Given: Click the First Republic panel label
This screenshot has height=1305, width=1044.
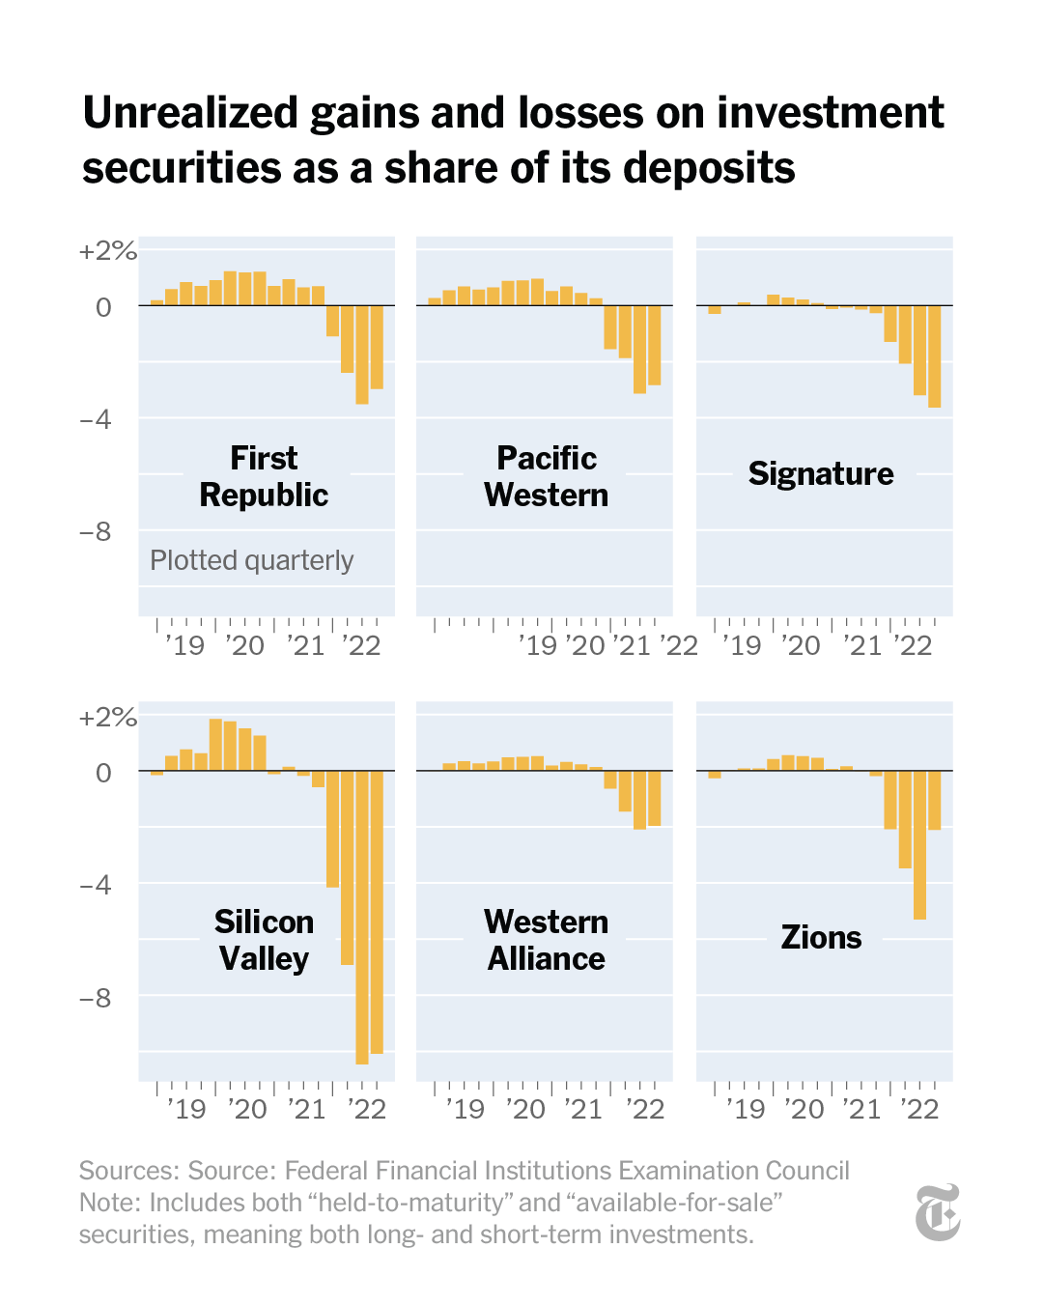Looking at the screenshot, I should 264,476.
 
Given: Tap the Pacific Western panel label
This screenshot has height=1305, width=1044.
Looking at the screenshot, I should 546,476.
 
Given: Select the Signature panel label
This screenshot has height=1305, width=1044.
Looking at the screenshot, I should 821,473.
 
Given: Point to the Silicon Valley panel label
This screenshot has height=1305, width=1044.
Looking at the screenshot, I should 264,940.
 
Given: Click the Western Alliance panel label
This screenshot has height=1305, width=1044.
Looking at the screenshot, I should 546,940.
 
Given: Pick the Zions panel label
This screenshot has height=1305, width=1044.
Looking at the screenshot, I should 821,937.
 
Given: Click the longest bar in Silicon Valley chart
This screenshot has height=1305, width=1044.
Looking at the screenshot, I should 362,917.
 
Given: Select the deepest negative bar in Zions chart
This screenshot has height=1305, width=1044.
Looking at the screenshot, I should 919,844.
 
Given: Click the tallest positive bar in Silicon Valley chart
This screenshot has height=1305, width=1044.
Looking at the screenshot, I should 215,745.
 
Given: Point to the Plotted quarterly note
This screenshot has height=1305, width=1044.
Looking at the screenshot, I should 251,560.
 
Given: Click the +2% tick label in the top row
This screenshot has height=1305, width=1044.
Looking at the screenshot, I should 107,251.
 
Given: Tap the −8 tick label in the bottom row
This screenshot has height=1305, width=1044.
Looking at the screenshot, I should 95,998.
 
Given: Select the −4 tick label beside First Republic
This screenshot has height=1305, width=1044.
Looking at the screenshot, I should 95,419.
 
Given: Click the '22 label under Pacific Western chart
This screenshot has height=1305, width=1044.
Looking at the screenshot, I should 679,645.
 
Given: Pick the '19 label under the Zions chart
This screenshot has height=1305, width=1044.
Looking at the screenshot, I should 745,1109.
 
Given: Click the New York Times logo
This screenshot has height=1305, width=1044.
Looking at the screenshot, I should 938,1212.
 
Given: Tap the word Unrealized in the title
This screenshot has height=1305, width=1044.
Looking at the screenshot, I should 190,113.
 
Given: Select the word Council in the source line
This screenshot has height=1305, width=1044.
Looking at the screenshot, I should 807,1171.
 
